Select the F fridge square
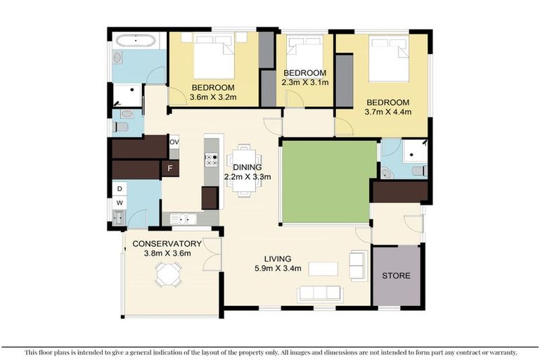click(169, 169)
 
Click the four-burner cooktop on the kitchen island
click(210, 159)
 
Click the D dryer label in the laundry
click(120, 188)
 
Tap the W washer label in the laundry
click(120, 203)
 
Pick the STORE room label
click(396, 275)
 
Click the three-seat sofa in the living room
click(322, 294)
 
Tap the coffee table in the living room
click(323, 269)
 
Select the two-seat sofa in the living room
click(358, 265)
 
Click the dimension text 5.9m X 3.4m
click(278, 268)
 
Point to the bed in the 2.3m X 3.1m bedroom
click(303, 51)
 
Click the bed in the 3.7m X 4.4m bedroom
click(387, 58)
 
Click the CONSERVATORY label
click(162, 244)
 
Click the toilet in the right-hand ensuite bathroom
click(418, 171)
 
